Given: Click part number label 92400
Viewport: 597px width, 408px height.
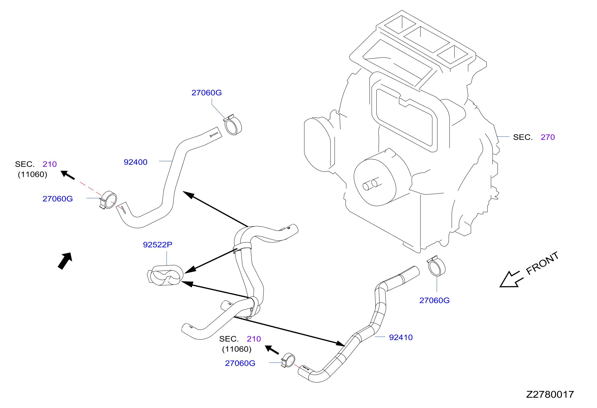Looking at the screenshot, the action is coord(135,162).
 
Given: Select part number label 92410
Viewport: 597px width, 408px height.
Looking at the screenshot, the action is coord(401,337).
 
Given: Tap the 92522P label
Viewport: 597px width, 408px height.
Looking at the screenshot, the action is coord(158,245).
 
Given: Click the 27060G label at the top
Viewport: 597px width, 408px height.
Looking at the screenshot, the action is coord(207,93).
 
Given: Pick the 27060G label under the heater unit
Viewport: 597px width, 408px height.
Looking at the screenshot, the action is coord(434,300).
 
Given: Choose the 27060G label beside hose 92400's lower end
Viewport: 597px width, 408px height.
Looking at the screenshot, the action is coord(58,199).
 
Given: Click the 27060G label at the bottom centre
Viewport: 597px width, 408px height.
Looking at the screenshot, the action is coord(240,363).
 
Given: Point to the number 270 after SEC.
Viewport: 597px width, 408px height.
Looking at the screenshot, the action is coord(548,137).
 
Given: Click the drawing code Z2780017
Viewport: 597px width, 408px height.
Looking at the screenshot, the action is coord(550,395).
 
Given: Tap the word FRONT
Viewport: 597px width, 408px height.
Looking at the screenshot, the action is coord(542,263).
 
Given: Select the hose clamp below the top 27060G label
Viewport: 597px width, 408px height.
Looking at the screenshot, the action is coord(233,125).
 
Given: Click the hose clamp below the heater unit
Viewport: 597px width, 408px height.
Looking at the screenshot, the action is coord(436,266).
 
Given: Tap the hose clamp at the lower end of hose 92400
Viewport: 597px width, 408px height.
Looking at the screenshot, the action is coord(108,200).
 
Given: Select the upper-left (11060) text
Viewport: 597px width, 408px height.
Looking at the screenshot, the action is coord(32,175).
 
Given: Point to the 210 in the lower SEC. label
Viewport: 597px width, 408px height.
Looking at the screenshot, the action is coord(254,339).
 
